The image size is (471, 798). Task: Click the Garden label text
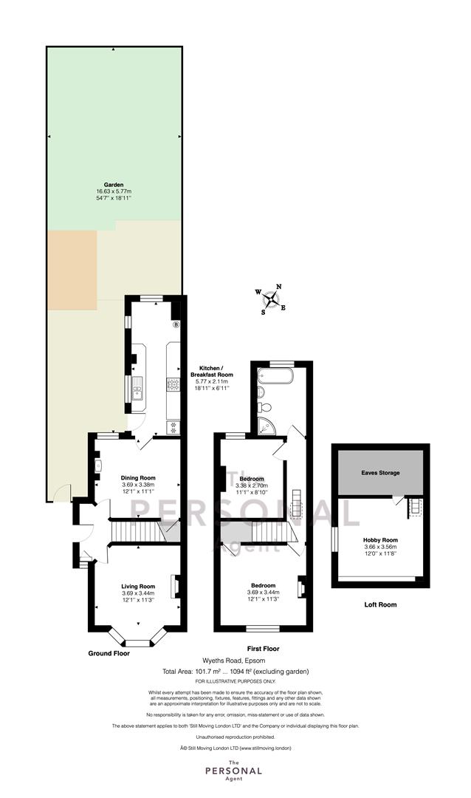pos(114,185)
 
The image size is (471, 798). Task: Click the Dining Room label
pos(138,478)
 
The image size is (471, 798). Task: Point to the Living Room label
pos(138,586)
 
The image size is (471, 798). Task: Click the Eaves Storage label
pos(380,473)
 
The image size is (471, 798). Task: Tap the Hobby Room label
pos(380,540)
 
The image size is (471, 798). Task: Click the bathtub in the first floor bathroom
pos(275,375)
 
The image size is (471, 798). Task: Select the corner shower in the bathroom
pos(267,426)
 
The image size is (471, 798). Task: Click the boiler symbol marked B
pos(176,324)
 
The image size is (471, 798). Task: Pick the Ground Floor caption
pos(109,653)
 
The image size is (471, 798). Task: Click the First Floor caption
pos(263,649)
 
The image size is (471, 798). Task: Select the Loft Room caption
pos(380,604)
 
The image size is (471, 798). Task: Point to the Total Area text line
pos(235,671)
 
